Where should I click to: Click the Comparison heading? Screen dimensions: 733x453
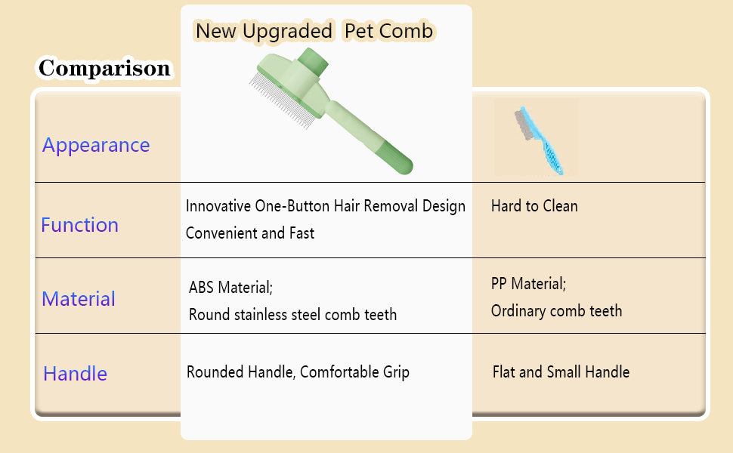click(104, 68)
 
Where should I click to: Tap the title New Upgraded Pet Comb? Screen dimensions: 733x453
click(314, 31)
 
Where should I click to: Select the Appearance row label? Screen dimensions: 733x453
click(96, 145)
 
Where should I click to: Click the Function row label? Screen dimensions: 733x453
click(80, 225)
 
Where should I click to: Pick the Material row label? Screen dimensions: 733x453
click(79, 299)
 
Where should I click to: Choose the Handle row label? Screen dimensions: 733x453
click(76, 374)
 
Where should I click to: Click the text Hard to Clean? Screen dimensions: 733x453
click(534, 206)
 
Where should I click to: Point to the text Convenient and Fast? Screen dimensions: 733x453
click(250, 233)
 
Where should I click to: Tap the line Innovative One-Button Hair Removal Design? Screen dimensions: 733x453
click(326, 206)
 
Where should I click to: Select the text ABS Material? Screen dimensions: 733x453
click(230, 287)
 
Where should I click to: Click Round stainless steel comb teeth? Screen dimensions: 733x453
click(292, 314)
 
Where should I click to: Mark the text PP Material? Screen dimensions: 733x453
click(528, 283)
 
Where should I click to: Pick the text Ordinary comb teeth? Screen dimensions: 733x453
click(556, 310)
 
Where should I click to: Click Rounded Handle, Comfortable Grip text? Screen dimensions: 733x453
click(298, 372)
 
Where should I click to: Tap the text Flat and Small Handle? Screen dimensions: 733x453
click(561, 372)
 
